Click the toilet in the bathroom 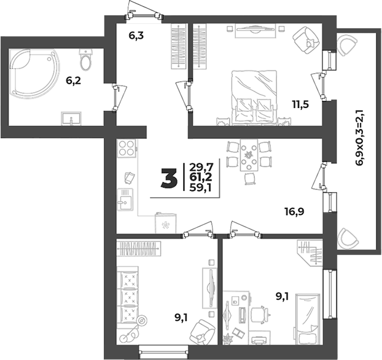point(85,60)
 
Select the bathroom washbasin point(71,119)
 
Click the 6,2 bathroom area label point(73,80)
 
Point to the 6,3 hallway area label point(136,36)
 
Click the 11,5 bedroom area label point(301,104)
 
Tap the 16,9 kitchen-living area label point(295,211)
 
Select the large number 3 point(169,179)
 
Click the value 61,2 point(201,177)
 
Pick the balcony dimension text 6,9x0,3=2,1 point(360,138)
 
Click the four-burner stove point(127,149)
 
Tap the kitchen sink point(125,199)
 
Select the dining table point(249,155)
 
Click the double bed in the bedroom point(254,98)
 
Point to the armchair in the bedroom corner point(306,40)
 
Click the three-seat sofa point(128,295)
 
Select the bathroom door point(119,98)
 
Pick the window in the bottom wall point(164,352)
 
